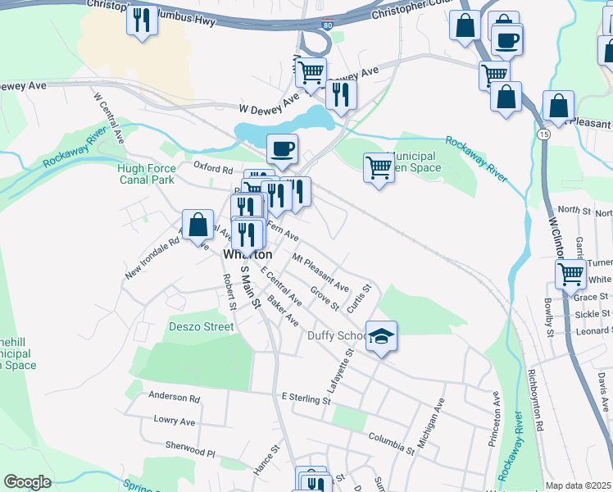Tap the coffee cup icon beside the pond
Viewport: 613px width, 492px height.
[x=283, y=148]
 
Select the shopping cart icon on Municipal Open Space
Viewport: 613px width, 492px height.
[x=379, y=167]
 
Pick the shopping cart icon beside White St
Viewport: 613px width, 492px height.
[x=570, y=274]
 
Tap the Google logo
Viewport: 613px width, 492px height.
[x=28, y=482]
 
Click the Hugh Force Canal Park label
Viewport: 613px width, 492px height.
[x=147, y=173]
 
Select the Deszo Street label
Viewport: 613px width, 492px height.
[x=201, y=326]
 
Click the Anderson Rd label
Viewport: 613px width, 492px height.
[x=175, y=398]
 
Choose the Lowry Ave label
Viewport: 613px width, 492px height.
[x=175, y=421]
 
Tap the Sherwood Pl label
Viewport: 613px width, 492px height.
[x=189, y=452]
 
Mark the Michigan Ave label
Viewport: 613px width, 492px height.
[x=430, y=423]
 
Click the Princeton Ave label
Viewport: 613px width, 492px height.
[x=494, y=417]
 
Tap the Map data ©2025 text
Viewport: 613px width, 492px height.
[x=578, y=485]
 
